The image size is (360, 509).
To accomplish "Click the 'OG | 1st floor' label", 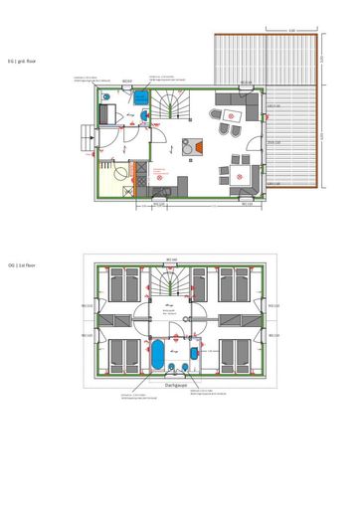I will point(21,265).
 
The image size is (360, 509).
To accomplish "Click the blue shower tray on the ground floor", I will point(141,97).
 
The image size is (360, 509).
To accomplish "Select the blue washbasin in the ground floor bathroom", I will point(145,116).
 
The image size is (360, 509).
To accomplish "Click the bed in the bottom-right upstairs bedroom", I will point(236,352).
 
